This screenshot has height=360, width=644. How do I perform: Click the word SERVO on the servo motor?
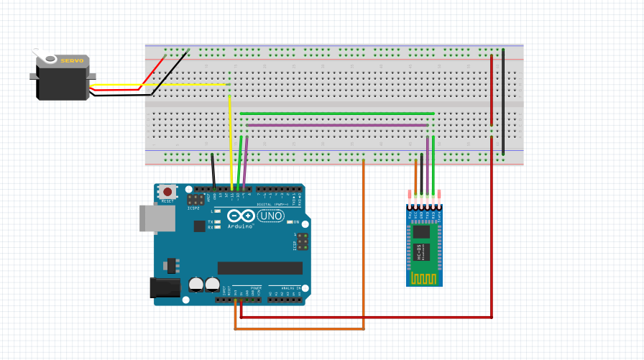(x=72, y=61)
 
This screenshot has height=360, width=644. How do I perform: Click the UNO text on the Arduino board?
(x=271, y=216)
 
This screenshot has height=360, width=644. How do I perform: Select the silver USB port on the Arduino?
(x=152, y=218)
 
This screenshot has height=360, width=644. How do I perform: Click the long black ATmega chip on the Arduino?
(x=259, y=268)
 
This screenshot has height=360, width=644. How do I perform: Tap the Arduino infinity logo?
(x=241, y=216)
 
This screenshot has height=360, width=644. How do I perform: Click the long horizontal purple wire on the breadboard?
(x=338, y=124)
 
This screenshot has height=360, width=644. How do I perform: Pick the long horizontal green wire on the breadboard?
(x=338, y=113)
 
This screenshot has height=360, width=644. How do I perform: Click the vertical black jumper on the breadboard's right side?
(x=503, y=101)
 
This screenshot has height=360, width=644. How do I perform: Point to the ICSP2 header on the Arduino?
(x=194, y=199)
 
